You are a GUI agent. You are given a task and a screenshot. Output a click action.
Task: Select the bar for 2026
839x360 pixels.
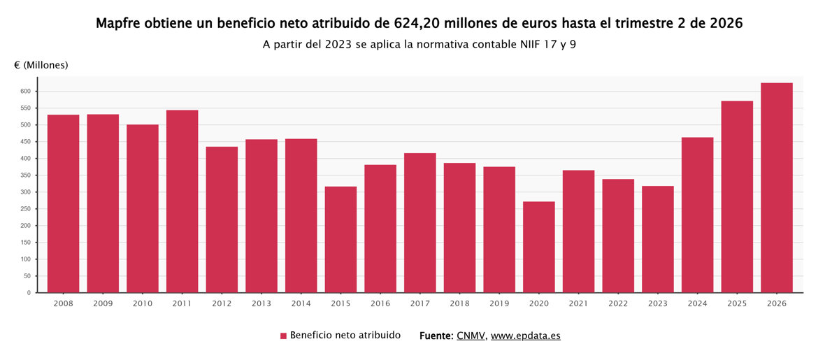click(x=777, y=187)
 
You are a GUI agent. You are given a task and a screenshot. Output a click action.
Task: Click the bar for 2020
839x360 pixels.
click(x=538, y=247)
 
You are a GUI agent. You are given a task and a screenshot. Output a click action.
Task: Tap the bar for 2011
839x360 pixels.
click(x=182, y=201)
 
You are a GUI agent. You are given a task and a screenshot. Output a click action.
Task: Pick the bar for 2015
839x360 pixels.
click(x=340, y=239)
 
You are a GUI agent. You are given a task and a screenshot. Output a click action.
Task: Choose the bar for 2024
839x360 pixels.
click(x=698, y=215)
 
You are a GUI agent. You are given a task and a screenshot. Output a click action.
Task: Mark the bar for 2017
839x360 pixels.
click(x=420, y=223)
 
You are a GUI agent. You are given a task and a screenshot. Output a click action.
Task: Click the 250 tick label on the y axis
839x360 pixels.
click(x=25, y=209)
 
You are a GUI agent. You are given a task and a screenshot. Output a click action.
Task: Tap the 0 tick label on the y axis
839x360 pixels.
click(x=29, y=293)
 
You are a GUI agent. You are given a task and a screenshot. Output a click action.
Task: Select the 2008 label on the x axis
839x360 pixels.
click(x=63, y=303)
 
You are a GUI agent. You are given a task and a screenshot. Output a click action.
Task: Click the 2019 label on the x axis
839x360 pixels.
click(x=499, y=303)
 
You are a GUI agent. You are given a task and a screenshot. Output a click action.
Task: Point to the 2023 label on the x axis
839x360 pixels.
click(x=658, y=303)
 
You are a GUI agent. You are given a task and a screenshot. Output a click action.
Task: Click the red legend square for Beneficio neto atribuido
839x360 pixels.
click(x=283, y=336)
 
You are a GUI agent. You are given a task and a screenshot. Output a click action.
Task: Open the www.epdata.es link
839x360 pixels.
click(x=526, y=336)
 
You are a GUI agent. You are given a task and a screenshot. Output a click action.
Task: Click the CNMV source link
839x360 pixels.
click(x=471, y=336)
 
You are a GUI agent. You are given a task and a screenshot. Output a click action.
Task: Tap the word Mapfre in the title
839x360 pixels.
click(x=118, y=23)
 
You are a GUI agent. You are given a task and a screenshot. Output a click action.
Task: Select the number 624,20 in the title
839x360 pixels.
click(x=417, y=24)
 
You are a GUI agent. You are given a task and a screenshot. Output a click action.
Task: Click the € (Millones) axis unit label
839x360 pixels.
click(x=41, y=65)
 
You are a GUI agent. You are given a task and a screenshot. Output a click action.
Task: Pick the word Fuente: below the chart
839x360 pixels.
click(x=436, y=336)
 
